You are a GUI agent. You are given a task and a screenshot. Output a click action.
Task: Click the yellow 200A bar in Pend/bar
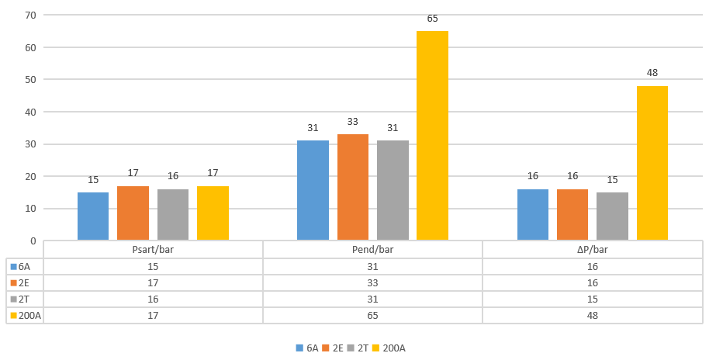click(432, 136)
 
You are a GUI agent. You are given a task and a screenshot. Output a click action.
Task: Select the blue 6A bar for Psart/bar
click(93, 216)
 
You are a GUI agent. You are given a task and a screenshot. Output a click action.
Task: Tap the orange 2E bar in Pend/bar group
click(353, 187)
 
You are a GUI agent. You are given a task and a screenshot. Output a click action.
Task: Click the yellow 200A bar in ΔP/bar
click(652, 163)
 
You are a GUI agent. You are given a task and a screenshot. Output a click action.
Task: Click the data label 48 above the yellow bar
click(652, 73)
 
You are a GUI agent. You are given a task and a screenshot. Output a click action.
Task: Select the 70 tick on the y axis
click(30, 16)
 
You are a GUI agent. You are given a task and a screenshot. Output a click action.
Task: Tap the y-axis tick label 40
click(30, 112)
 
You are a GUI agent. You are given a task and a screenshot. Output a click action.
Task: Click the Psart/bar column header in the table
click(153, 250)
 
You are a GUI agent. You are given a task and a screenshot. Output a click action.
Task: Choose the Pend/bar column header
click(372, 250)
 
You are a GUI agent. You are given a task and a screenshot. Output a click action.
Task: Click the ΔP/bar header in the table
click(593, 250)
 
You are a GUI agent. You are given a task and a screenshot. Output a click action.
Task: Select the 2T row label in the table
click(25, 299)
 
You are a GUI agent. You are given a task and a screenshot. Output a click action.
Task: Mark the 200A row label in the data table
click(27, 316)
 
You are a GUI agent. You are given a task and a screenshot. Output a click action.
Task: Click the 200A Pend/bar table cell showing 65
click(372, 316)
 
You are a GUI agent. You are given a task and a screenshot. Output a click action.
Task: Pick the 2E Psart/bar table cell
click(153, 282)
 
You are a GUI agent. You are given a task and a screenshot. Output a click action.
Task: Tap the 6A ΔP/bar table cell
click(593, 266)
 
